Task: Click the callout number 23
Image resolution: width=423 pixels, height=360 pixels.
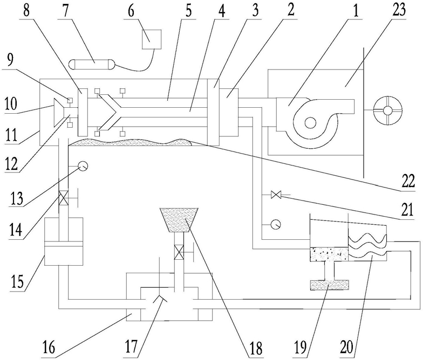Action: (399, 10)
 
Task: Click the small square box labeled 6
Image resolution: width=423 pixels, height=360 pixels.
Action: (152, 39)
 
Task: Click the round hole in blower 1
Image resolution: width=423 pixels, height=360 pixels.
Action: (310, 123)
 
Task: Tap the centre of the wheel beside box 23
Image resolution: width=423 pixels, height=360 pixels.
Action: (387, 110)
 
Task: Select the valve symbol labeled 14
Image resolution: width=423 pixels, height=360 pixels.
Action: (64, 198)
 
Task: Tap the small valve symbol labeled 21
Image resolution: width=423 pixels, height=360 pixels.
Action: (276, 194)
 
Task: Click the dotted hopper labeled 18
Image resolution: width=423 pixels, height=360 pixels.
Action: (179, 220)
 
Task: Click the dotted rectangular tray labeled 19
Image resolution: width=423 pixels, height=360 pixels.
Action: (330, 285)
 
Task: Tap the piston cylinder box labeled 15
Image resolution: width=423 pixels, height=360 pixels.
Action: (64, 241)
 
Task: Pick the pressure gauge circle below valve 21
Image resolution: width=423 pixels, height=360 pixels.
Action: (276, 224)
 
